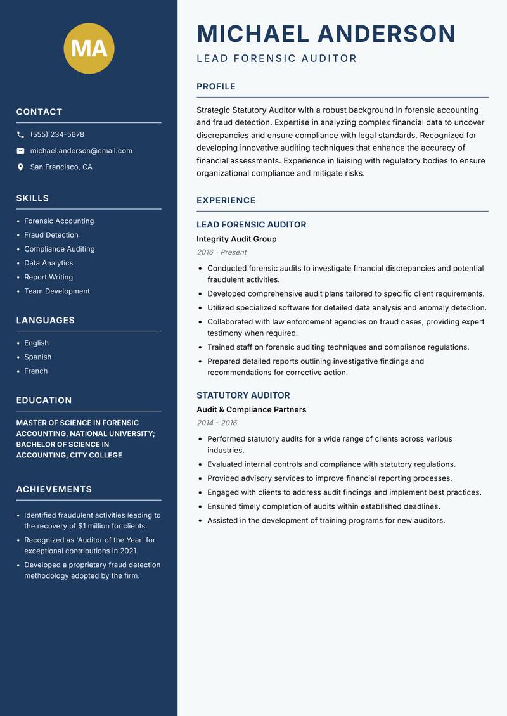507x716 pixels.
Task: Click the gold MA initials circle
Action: pyautogui.click(x=89, y=48)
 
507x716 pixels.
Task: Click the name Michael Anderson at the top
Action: pyautogui.click(x=326, y=34)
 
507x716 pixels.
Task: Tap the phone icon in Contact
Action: pyautogui.click(x=21, y=135)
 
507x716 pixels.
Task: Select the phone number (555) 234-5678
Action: pyautogui.click(x=57, y=134)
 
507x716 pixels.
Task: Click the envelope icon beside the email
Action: pyautogui.click(x=21, y=151)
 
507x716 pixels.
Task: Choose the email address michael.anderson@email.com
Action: pyautogui.click(x=81, y=151)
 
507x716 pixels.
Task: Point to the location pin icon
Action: pyautogui.click(x=21, y=167)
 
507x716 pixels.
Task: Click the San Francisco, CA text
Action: pyautogui.click(x=61, y=167)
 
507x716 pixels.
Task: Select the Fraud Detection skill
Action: pyautogui.click(x=51, y=235)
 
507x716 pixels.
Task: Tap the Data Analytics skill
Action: pyautogui.click(x=49, y=263)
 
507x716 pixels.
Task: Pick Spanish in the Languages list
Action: pyautogui.click(x=38, y=357)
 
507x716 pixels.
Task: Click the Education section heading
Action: pyautogui.click(x=44, y=400)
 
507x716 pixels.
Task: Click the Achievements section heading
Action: pyautogui.click(x=54, y=489)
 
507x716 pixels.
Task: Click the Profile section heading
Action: pyautogui.click(x=215, y=87)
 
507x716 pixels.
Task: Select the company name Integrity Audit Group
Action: pyautogui.click(x=236, y=239)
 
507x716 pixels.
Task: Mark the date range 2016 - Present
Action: pyautogui.click(x=221, y=252)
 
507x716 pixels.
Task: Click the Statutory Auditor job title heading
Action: pyautogui.click(x=243, y=395)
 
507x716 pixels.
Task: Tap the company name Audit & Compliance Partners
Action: pyautogui.click(x=251, y=410)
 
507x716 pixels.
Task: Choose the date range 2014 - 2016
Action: pyautogui.click(x=217, y=423)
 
